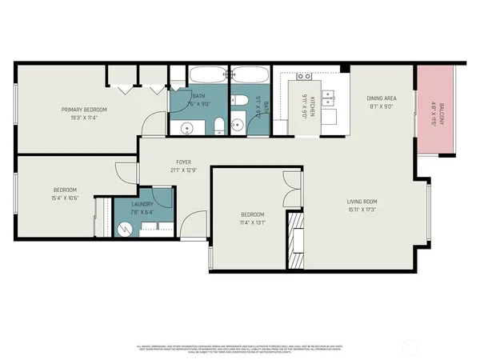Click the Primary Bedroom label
(84, 109)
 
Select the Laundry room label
(144, 205)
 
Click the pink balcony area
(434, 111)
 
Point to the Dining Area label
(382, 98)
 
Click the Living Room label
(362, 202)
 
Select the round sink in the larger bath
(186, 128)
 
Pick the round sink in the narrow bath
(237, 125)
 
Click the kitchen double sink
(304, 77)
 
